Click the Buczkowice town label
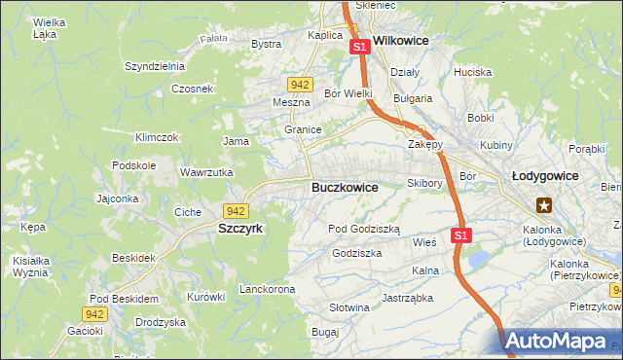click(345, 187)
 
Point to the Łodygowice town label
click(545, 176)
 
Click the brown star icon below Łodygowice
click(544, 205)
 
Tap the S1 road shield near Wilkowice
click(359, 46)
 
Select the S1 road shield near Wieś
click(461, 235)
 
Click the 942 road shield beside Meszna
click(301, 85)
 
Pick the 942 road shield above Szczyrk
click(235, 210)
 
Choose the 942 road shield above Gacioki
click(94, 313)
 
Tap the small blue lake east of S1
click(478, 258)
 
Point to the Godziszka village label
click(356, 253)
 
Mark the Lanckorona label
click(267, 290)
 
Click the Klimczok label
click(157, 138)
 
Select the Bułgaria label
click(412, 99)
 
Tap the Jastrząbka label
click(407, 299)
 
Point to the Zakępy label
click(424, 144)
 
